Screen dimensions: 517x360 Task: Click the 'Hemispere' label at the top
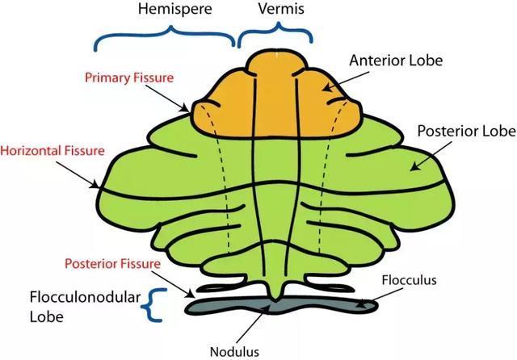(x=174, y=9)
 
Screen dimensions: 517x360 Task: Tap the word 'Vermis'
(x=281, y=9)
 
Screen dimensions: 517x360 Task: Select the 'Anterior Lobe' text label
(x=396, y=61)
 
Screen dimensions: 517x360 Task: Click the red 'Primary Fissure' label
(x=129, y=77)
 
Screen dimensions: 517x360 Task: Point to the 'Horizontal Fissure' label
(x=53, y=151)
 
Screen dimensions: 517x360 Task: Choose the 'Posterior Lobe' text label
(x=467, y=131)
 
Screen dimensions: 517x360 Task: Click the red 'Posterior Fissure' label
(x=113, y=264)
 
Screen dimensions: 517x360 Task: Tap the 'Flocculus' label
(x=410, y=280)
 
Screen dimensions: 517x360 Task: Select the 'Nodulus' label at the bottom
(x=234, y=352)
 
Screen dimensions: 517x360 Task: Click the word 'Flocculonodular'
(x=85, y=297)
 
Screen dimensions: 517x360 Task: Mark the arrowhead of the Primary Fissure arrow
(x=186, y=109)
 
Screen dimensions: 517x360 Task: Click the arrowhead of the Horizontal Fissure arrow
(x=95, y=185)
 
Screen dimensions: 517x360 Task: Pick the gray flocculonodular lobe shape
(x=281, y=305)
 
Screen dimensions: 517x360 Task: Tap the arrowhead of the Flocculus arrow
(x=361, y=304)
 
